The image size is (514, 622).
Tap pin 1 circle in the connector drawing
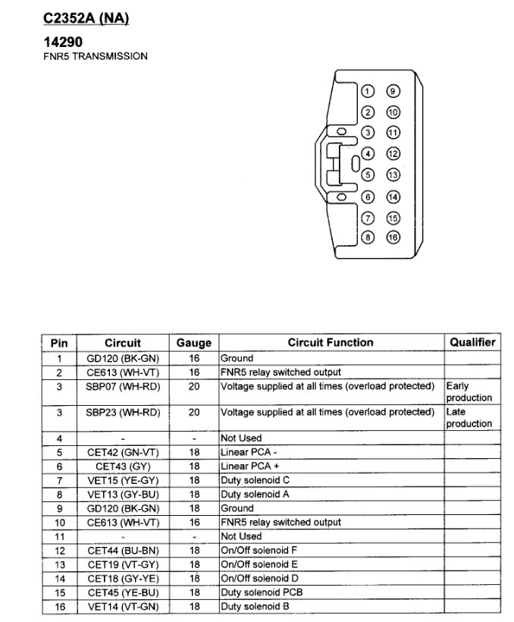tap(368, 92)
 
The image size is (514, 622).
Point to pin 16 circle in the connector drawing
tap(393, 236)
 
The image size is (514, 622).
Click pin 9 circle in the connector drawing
tap(393, 92)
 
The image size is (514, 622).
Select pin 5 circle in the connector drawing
tap(368, 174)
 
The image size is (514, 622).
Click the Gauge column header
tap(194, 344)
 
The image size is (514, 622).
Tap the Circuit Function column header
tap(331, 344)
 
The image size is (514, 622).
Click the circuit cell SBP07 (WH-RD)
tap(123, 386)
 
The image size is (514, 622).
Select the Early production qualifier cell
tap(469, 392)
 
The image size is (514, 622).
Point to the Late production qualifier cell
tap(469, 418)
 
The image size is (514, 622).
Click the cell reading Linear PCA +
tap(249, 466)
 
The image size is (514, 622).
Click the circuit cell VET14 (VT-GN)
tap(123, 607)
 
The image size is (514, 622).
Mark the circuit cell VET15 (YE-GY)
tap(123, 481)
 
